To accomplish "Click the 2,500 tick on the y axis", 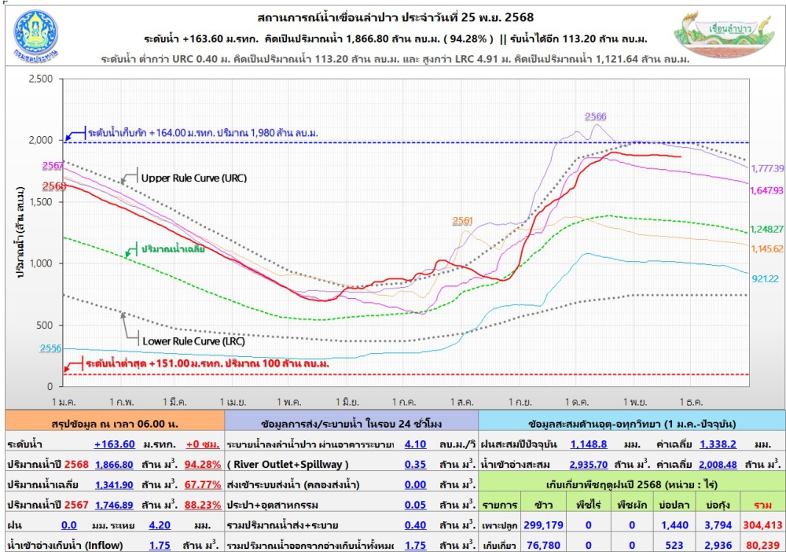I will pyautogui.click(x=39, y=79).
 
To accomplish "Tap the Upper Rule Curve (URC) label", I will pyautogui.click(x=193, y=178).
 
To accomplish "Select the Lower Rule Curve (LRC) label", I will pyautogui.click(x=193, y=341).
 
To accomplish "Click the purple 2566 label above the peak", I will pyautogui.click(x=596, y=116).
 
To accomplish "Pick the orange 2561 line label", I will pyautogui.click(x=463, y=221).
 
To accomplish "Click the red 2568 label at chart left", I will pyautogui.click(x=54, y=186).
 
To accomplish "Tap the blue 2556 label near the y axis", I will pyautogui.click(x=52, y=348).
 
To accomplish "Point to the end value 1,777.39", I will pyautogui.click(x=767, y=168).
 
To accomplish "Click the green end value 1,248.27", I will pyautogui.click(x=767, y=229).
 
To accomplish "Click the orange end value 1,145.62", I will pyautogui.click(x=767, y=249).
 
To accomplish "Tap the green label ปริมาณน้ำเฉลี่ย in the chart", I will pyautogui.click(x=174, y=248).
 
